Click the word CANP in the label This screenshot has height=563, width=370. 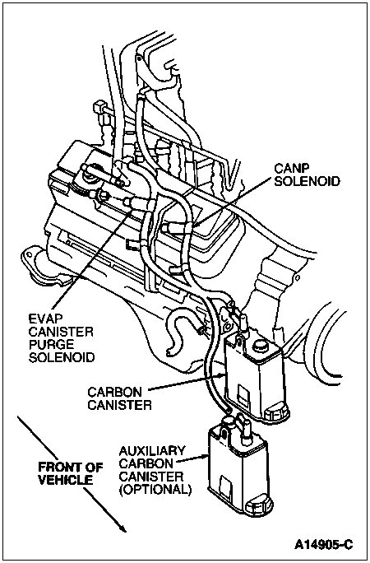[292, 165]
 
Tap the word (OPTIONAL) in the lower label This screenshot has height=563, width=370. [155, 488]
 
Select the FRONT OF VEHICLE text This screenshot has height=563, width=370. [70, 472]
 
